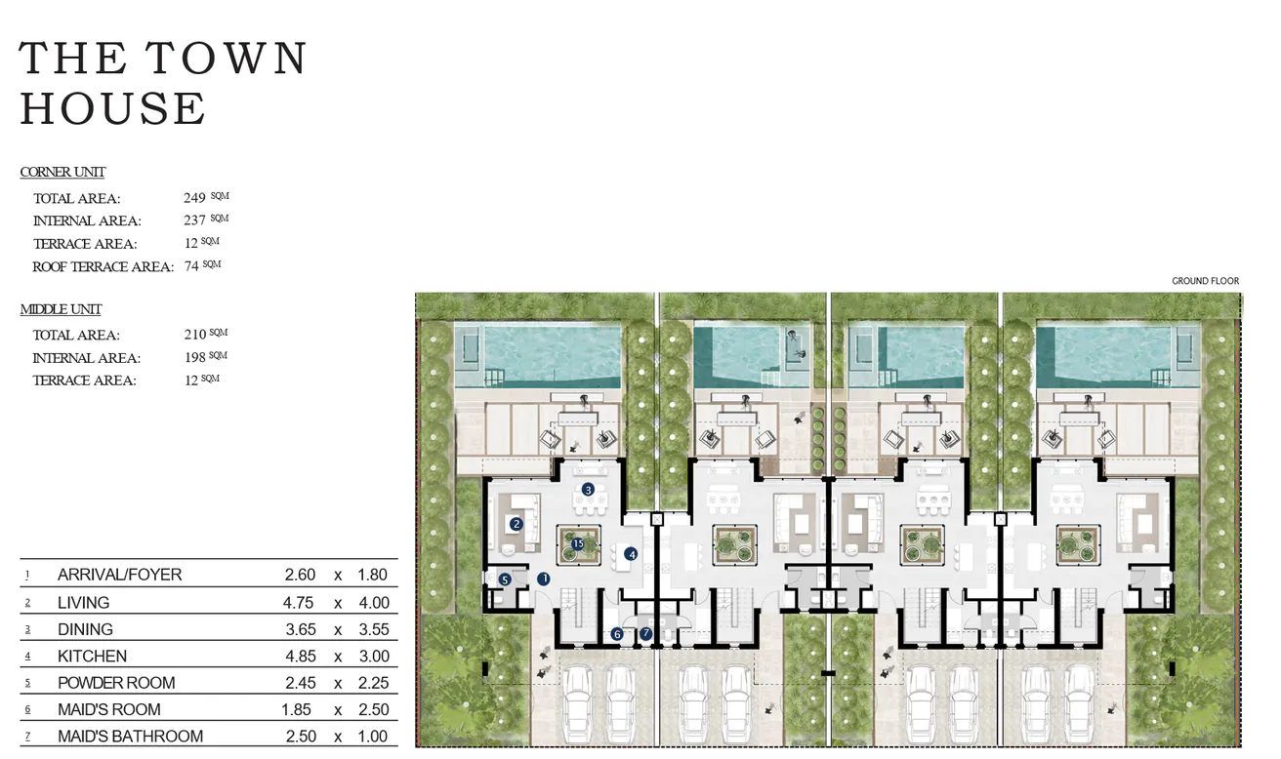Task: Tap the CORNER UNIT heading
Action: [62, 173]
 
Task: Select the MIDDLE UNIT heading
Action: [61, 309]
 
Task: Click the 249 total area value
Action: [194, 198]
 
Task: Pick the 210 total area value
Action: [194, 335]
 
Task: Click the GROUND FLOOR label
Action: [1205, 281]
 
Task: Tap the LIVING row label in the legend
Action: [83, 603]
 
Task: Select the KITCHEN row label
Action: [92, 657]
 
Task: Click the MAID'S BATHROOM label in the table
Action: [130, 737]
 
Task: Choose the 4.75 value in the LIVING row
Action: [299, 603]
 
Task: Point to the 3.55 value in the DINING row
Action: [373, 629]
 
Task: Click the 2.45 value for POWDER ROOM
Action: [299, 683]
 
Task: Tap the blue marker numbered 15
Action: [578, 543]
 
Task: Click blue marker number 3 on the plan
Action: [588, 489]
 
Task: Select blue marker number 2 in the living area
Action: [517, 524]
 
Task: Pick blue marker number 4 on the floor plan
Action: [632, 554]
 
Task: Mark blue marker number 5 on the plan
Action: [505, 579]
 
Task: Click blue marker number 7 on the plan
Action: [646, 634]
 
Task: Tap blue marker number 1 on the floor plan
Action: [544, 579]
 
